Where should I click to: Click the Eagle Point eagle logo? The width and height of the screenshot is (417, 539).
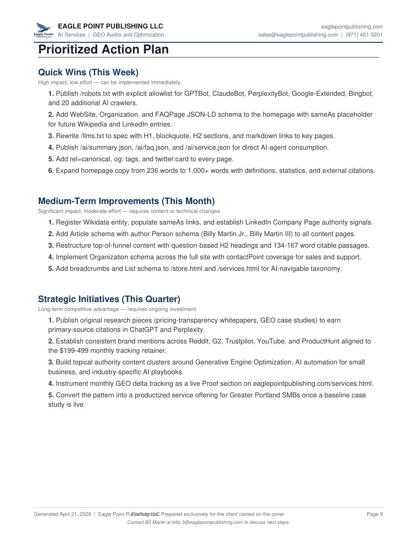coord(44,30)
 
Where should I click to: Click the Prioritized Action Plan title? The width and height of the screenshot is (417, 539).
coord(103,49)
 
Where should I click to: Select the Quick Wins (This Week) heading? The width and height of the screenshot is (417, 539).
coord(88,72)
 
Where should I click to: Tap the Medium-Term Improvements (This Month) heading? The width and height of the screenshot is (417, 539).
coord(126,201)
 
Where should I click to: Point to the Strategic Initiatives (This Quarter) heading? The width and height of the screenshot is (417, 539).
coord(109,299)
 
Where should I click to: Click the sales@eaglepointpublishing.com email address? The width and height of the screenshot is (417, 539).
coord(298,35)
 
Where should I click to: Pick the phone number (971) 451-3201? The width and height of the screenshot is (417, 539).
coord(364,35)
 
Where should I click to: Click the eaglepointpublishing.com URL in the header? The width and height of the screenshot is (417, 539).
coord(352,27)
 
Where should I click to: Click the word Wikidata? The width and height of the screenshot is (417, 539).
coord(98,222)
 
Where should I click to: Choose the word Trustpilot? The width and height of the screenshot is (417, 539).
coord(241,341)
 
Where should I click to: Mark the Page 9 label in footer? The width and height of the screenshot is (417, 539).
coord(374,514)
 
